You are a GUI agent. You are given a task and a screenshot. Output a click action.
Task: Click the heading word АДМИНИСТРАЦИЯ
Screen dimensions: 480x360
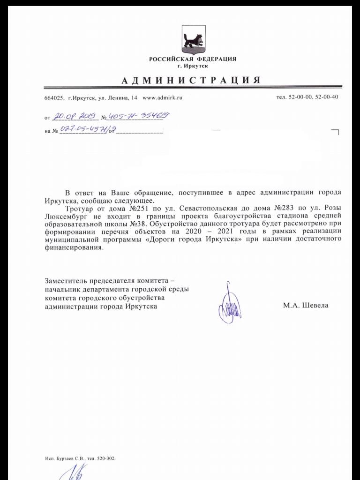tap(191, 80)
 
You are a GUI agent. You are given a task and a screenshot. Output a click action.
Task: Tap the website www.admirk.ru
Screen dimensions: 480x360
tap(162, 97)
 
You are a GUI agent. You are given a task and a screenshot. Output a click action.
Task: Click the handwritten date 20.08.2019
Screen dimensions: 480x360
tap(74, 116)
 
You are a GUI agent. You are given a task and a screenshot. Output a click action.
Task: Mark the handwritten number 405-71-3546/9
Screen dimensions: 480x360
tap(135, 116)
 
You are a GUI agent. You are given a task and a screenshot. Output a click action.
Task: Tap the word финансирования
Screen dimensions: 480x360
tap(73, 248)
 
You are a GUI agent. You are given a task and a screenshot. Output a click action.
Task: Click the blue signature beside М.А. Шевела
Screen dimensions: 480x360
tap(229, 305)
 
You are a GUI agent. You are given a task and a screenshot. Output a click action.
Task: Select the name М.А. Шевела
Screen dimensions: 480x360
tap(306, 306)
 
